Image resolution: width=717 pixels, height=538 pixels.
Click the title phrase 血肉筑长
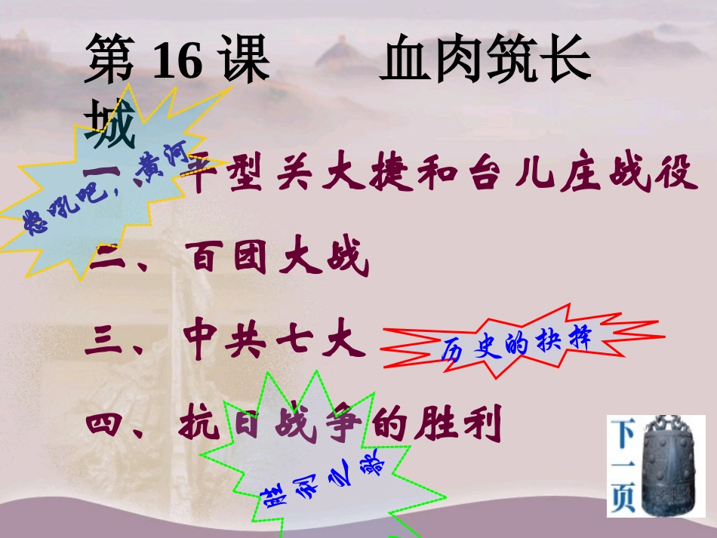[485, 62]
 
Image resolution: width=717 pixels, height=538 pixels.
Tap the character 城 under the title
[111, 122]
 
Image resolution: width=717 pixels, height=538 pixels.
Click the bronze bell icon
[668, 466]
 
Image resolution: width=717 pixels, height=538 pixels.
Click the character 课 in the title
[244, 62]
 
